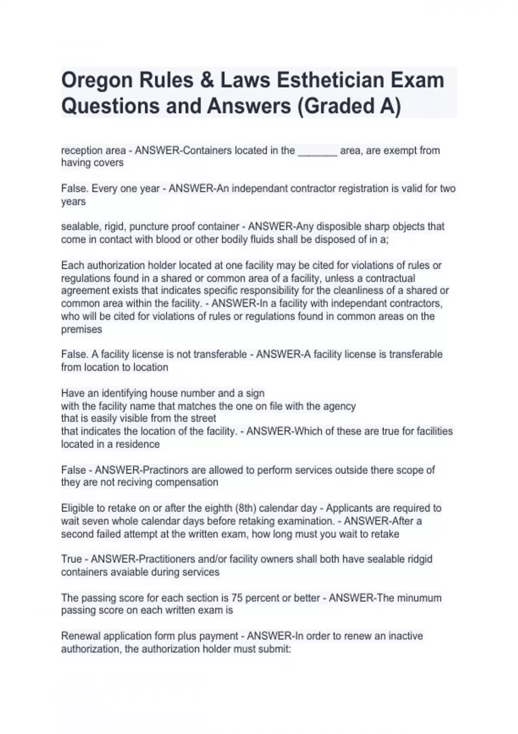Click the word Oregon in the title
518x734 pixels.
pyautogui.click(x=97, y=81)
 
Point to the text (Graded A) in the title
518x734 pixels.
pyautogui.click(x=349, y=106)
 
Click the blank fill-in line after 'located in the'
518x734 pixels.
pyautogui.click(x=317, y=151)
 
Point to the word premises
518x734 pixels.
pyautogui.click(x=82, y=329)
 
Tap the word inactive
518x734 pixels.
pyautogui.click(x=405, y=636)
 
